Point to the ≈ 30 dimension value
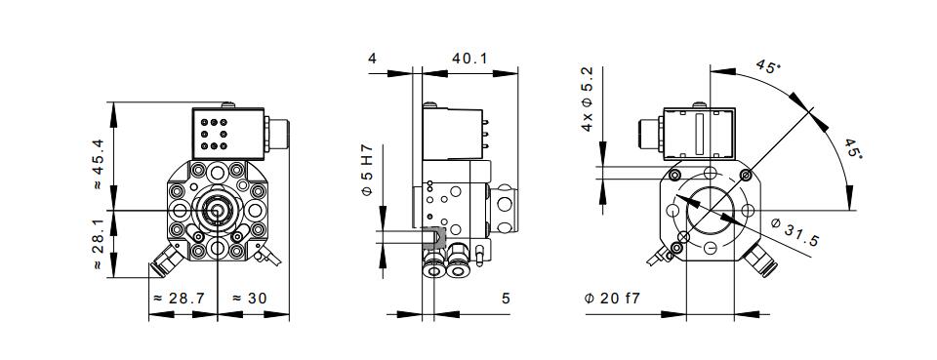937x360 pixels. pos(249,298)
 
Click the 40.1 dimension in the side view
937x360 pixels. pos(469,59)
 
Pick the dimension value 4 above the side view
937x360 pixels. pos(372,59)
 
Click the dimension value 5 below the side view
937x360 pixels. pos(507,298)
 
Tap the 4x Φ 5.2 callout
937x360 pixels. pos(588,99)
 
